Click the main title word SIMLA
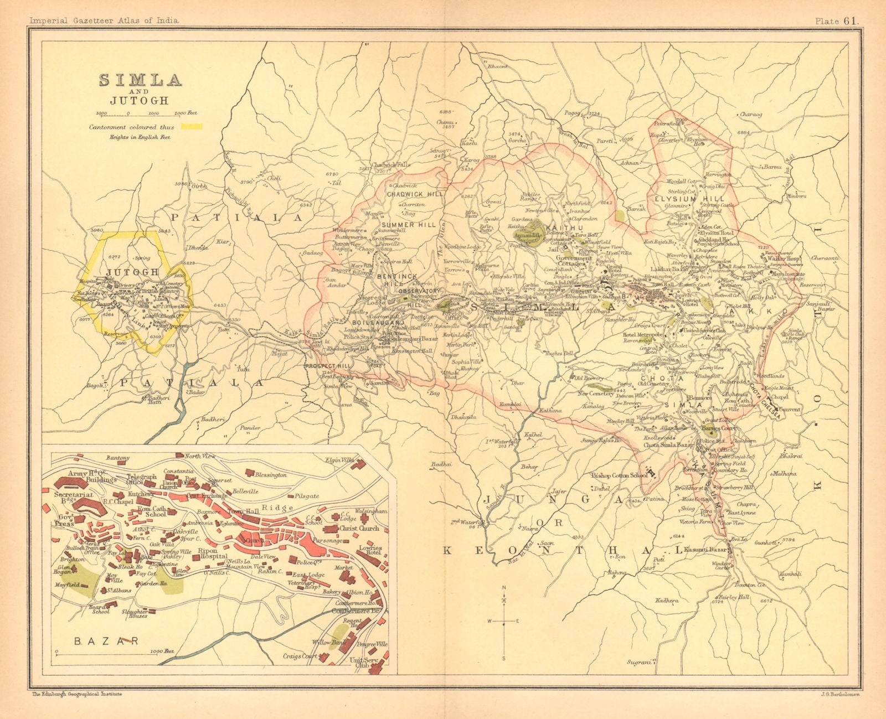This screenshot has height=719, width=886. (x=140, y=80)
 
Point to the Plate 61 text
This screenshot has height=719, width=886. (x=836, y=21)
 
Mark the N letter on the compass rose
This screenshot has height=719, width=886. (x=504, y=587)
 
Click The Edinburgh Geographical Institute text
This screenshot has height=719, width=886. (x=77, y=694)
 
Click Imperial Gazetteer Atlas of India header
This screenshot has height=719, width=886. (x=104, y=20)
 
